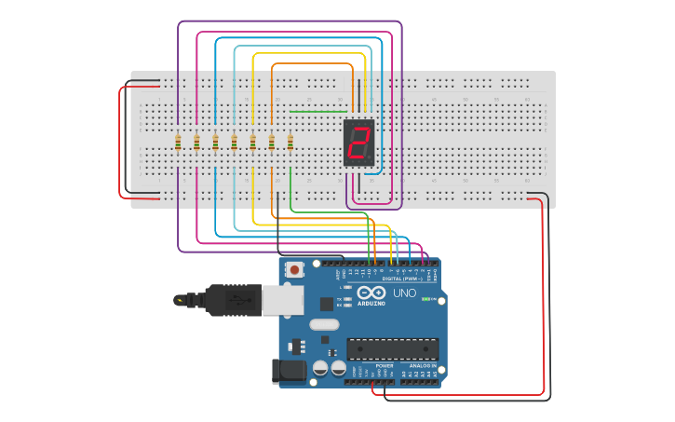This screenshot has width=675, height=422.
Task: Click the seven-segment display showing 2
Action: point(358,143)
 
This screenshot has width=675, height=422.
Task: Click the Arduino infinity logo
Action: point(371,293)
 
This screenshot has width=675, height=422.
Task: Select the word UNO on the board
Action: point(405,293)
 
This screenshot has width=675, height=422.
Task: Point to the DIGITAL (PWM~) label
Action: point(402,279)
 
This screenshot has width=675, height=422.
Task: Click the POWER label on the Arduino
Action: point(384,366)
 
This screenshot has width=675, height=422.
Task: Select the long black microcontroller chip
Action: point(392,348)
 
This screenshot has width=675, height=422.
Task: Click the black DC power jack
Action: point(288,371)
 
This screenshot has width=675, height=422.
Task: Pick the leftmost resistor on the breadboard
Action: point(178,142)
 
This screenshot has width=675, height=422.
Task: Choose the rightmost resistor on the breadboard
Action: point(290,142)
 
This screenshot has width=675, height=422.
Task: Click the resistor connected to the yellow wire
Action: point(253,142)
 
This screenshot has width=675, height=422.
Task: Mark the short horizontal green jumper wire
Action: point(317,112)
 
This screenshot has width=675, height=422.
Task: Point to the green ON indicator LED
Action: point(425,299)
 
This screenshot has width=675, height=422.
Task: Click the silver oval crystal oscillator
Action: point(323,324)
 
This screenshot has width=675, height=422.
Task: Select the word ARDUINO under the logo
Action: point(371,304)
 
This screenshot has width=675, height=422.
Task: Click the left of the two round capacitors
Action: point(319,368)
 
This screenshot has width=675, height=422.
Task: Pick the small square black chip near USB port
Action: point(326,304)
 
